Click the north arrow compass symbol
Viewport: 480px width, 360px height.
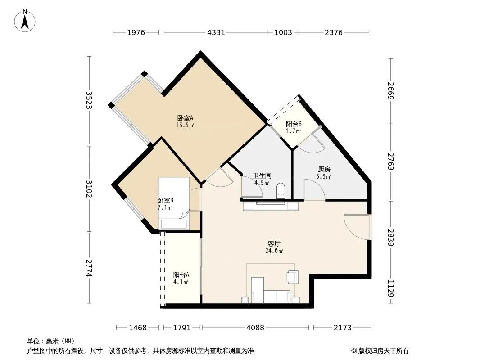pyautogui.click(x=25, y=21)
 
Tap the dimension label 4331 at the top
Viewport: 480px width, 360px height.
pyautogui.click(x=216, y=32)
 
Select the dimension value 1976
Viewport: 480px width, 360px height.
pyautogui.click(x=136, y=32)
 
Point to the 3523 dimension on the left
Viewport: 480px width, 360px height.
pyautogui.click(x=89, y=100)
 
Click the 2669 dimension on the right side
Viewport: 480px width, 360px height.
pyautogui.click(x=390, y=90)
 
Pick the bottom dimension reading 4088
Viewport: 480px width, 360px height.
pyautogui.click(x=255, y=328)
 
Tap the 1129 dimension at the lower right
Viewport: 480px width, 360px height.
pyautogui.click(x=390, y=288)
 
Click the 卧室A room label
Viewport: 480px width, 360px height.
pyautogui.click(x=185, y=118)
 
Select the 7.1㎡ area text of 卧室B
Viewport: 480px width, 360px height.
pyautogui.click(x=165, y=208)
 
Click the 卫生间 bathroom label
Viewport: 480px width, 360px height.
pyautogui.click(x=262, y=176)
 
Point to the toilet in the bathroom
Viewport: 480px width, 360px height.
pyautogui.click(x=281, y=191)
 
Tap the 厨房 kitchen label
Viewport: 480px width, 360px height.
pyautogui.click(x=324, y=170)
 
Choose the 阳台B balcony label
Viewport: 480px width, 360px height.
pyautogui.click(x=294, y=124)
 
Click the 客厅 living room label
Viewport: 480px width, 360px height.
pyautogui.click(x=274, y=244)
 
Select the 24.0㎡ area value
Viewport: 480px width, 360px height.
pyautogui.click(x=274, y=251)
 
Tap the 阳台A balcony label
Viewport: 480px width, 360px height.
pyautogui.click(x=181, y=274)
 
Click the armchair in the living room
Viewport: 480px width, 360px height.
pyautogui.click(x=292, y=277)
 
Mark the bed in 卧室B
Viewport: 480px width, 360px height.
pyautogui.click(x=174, y=203)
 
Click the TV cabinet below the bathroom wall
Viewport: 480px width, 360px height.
pyautogui.click(x=271, y=206)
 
